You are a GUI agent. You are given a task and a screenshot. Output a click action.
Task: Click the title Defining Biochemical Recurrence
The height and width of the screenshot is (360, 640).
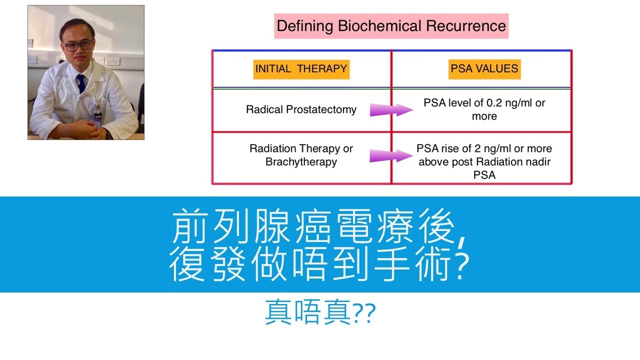pos(391,26)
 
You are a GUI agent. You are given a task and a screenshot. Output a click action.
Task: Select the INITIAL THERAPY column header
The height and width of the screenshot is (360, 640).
pos(301,68)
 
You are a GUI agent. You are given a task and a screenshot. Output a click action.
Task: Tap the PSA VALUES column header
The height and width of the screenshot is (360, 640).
pos(484,68)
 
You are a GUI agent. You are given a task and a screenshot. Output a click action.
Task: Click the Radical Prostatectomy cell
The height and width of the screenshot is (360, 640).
pos(301,109)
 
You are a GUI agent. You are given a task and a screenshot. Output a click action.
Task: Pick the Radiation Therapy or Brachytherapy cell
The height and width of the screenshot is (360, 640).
pos(301,155)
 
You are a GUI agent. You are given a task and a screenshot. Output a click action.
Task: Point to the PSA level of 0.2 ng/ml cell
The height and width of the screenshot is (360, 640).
pos(484,109)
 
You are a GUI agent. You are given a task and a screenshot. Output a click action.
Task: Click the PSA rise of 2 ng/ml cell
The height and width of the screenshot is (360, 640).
pos(484,161)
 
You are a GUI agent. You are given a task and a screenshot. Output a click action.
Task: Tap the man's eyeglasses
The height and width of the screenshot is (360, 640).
pos(78,45)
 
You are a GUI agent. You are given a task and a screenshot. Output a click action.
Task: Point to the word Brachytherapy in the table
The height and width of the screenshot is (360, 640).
pos(301,162)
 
